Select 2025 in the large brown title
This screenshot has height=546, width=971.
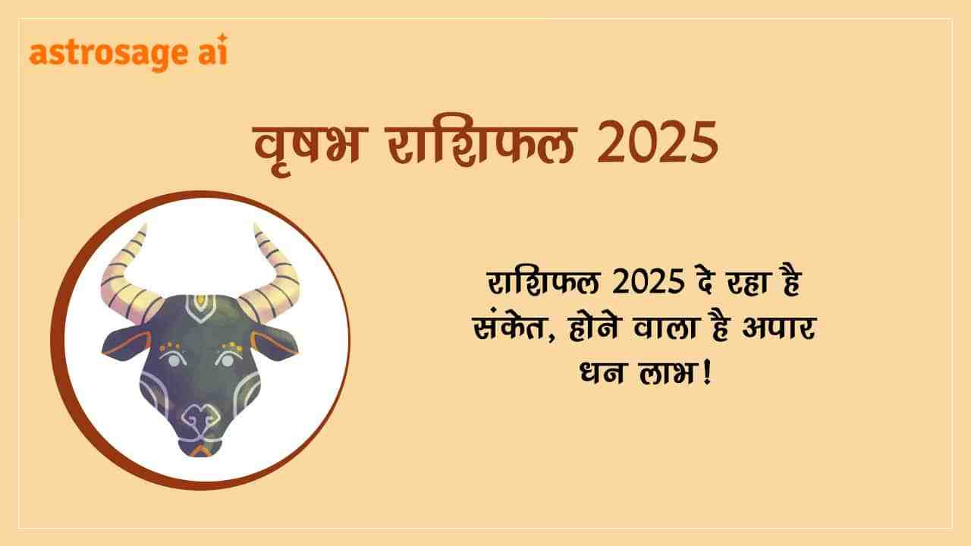(657, 143)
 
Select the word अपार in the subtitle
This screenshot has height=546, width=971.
(779, 328)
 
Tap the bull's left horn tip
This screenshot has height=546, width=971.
(145, 225)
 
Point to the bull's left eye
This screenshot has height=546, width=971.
(173, 360)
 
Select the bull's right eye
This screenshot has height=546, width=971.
(226, 359)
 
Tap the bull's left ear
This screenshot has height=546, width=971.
(127, 343)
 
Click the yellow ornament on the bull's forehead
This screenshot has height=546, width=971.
(200, 300)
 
